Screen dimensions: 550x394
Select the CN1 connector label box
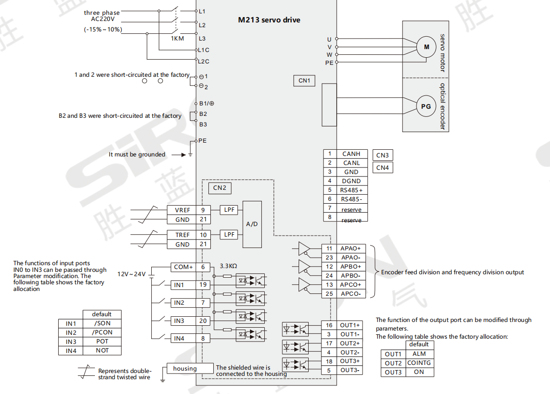[x=304, y=80]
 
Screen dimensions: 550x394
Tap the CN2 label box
[x=219, y=188]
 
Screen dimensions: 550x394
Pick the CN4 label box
[x=383, y=167]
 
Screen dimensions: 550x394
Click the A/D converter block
[x=252, y=224]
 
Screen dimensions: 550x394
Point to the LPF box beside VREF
[x=229, y=210]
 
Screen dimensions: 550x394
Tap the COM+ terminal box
[x=183, y=267]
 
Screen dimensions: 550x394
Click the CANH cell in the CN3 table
[x=352, y=154]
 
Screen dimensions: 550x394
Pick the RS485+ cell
[x=352, y=190]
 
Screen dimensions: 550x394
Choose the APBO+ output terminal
[x=351, y=267]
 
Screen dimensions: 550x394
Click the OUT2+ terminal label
[x=349, y=343]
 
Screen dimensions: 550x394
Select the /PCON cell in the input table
[x=102, y=332]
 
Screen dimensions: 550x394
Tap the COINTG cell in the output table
[x=419, y=363]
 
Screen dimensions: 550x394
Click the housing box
[x=190, y=368]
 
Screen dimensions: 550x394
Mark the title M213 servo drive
[x=269, y=20]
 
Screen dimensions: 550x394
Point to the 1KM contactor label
[x=177, y=39]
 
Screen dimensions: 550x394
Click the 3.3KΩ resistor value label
[x=228, y=266]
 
